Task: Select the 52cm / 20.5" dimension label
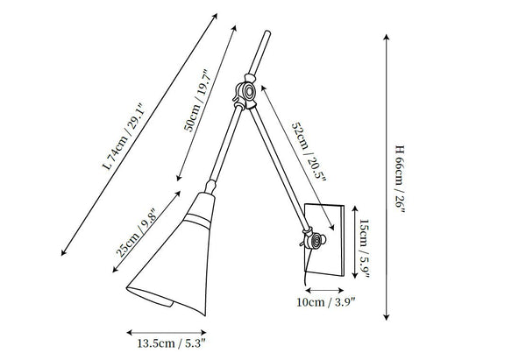point(309,152)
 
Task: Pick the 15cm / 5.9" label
point(365,249)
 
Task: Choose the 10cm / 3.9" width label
point(326,302)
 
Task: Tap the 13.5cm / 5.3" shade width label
point(171,343)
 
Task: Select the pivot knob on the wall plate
point(316,241)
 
